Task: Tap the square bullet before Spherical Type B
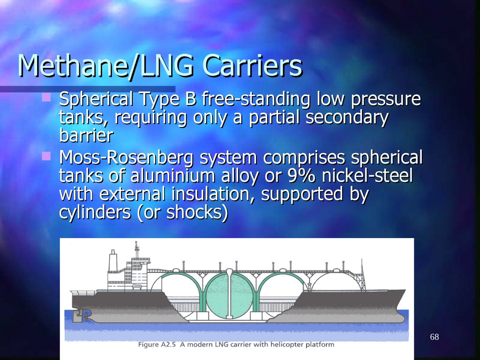point(45,97)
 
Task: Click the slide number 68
point(434,337)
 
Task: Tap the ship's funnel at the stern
point(112,261)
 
